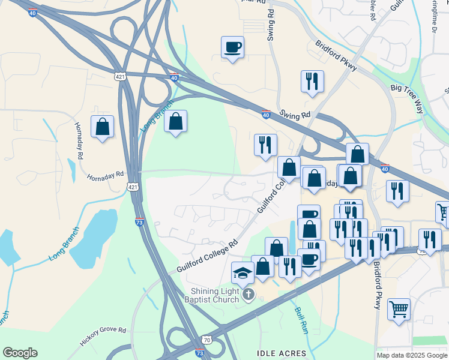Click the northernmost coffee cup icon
point(232,47)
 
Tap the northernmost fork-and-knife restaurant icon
point(312,82)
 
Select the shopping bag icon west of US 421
point(103,127)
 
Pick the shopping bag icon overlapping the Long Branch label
point(175,121)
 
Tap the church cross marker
point(249,294)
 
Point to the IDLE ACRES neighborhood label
point(282,353)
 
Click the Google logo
point(20,353)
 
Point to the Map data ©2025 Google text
point(412,355)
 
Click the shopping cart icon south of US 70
point(399,310)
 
